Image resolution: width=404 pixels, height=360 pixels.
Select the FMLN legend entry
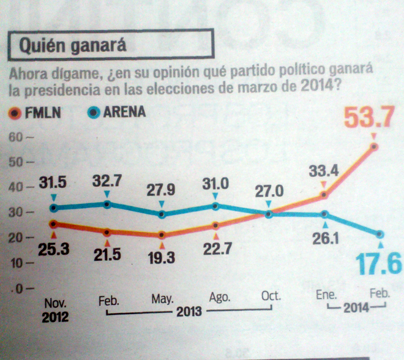[x=37, y=113]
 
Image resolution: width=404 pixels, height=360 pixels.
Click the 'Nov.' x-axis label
[x=55, y=303]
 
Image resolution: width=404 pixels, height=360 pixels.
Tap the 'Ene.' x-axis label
[x=326, y=295]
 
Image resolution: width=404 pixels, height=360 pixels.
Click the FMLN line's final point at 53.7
[x=374, y=146]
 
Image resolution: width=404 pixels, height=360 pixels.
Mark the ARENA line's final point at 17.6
[x=380, y=234]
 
